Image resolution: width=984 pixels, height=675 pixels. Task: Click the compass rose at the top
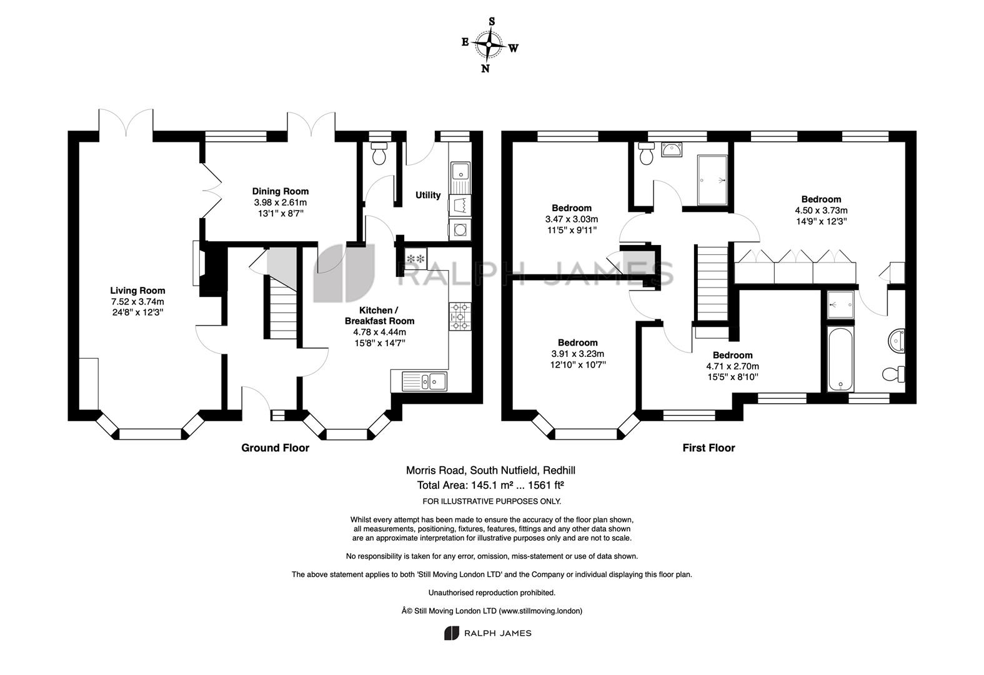(489, 45)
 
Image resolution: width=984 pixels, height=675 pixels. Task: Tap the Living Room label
(137, 291)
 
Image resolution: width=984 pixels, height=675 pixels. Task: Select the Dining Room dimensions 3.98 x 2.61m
(281, 202)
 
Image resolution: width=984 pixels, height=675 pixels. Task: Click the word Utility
(428, 194)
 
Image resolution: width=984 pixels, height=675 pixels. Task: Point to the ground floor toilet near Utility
(378, 153)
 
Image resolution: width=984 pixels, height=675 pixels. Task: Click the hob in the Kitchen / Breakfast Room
(460, 316)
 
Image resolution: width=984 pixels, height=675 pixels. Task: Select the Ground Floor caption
(275, 447)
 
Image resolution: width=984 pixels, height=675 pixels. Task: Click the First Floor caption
(708, 447)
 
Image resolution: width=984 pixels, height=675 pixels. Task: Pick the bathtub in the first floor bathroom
(840, 359)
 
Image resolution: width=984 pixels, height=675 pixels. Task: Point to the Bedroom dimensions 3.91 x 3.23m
(578, 354)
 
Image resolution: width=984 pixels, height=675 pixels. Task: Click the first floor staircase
(711, 283)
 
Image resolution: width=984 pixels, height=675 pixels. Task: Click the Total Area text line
(490, 485)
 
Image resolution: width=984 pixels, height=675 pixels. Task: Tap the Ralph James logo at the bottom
(487, 633)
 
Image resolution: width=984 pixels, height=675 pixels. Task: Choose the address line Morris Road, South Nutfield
(490, 470)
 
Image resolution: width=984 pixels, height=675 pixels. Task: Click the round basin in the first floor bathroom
(896, 341)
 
